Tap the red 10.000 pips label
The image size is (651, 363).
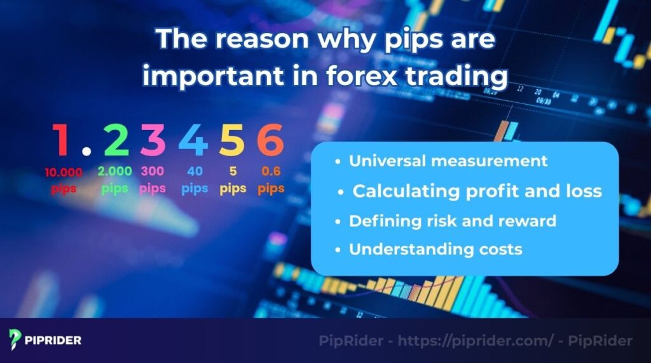point(63,180)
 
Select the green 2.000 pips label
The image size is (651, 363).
point(115,180)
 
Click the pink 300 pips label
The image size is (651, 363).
point(153,180)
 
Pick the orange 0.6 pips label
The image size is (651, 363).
point(271,180)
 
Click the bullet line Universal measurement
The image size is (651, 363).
point(448,161)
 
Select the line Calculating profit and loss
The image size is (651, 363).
point(477,191)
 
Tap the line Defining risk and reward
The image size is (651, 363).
point(452,221)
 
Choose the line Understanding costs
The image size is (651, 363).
point(435,249)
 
